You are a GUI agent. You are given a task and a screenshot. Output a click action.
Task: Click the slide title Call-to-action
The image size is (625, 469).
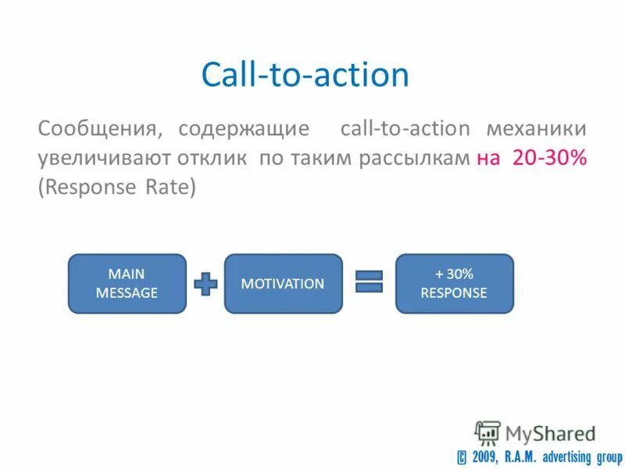click(x=305, y=75)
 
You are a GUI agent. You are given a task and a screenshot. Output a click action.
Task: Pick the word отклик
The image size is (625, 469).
click(x=215, y=159)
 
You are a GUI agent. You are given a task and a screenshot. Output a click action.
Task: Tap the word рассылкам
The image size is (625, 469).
click(x=414, y=159)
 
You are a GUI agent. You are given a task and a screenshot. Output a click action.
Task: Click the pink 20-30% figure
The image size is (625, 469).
click(x=549, y=159)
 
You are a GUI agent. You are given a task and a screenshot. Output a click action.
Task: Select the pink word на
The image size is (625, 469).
click(x=488, y=159)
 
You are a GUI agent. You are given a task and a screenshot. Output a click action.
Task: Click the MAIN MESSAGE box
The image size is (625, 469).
click(x=127, y=284)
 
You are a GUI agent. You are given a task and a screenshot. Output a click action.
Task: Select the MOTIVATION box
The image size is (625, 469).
click(x=283, y=284)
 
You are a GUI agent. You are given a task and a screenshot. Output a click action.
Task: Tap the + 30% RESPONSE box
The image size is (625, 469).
click(x=454, y=284)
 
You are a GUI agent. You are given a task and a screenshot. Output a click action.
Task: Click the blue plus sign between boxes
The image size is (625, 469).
click(x=205, y=284)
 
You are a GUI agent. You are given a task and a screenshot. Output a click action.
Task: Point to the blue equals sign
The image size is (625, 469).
click(x=369, y=282)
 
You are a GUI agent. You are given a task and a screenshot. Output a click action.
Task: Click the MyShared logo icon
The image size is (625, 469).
click(x=487, y=433)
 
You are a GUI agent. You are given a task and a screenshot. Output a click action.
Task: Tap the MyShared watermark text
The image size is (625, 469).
click(x=551, y=433)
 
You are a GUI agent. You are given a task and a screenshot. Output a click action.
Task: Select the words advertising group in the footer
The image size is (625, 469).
click(x=577, y=455)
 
